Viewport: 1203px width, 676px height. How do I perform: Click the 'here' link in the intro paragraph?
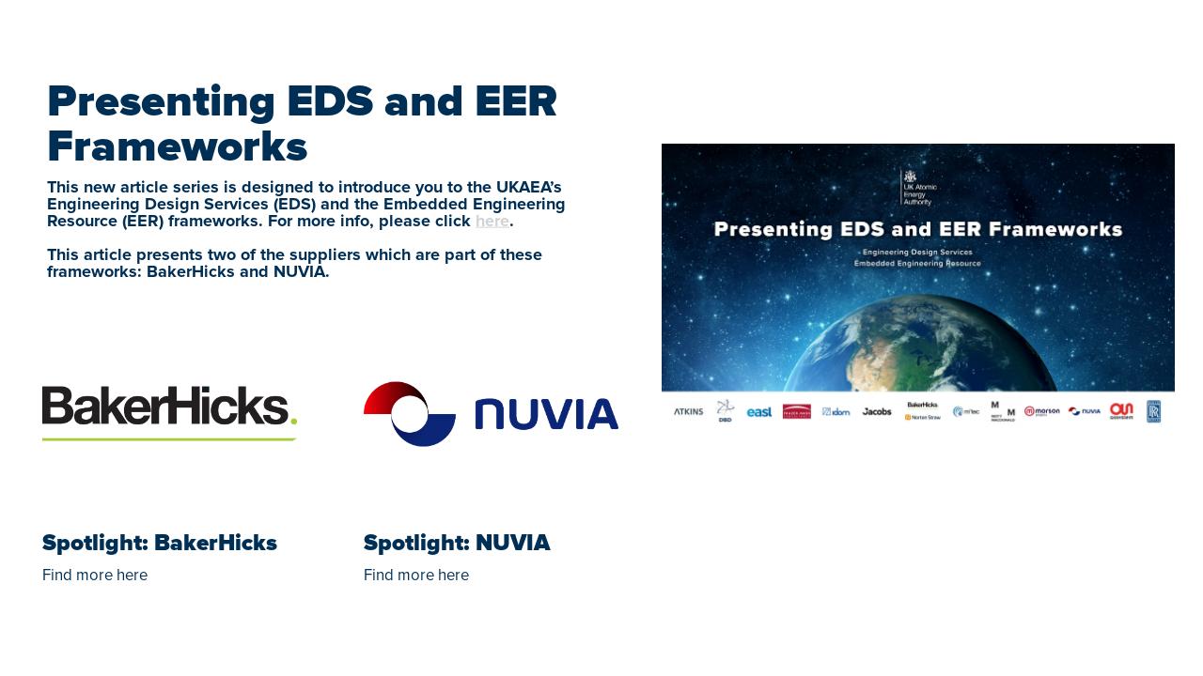(x=492, y=222)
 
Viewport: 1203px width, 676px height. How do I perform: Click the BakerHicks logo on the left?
(x=169, y=411)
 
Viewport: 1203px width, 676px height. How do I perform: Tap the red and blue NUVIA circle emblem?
(x=409, y=414)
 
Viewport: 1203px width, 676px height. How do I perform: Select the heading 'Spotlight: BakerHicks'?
(x=160, y=543)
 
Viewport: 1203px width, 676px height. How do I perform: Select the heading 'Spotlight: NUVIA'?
(x=457, y=543)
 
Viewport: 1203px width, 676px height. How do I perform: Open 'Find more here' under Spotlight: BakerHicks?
(x=95, y=575)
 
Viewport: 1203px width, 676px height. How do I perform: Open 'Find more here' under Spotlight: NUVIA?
(x=416, y=575)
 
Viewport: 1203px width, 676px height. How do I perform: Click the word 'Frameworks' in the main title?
(x=177, y=147)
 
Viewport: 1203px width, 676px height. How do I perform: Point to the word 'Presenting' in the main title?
(x=160, y=101)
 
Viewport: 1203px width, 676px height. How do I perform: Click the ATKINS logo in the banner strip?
(x=688, y=412)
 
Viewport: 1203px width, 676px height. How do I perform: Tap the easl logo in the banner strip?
(x=759, y=412)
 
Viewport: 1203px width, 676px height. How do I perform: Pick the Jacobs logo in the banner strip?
(x=877, y=412)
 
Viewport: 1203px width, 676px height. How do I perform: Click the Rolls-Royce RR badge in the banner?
(x=1153, y=411)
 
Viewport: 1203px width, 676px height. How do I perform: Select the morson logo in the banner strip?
(x=1041, y=411)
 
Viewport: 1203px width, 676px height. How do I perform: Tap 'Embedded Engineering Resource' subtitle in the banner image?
(x=917, y=264)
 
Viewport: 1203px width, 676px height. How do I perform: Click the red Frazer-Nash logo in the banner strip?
(x=796, y=411)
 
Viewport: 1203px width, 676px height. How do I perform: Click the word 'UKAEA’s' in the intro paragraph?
(x=528, y=188)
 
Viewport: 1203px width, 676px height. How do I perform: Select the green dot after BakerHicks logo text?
(x=293, y=421)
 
